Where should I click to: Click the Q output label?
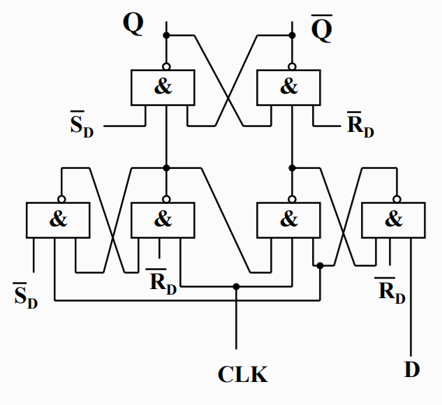coord(133,24)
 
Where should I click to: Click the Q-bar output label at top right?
coord(322,30)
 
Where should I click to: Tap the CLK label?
coord(242,374)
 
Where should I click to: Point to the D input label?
coord(412,369)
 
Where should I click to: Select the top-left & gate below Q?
coord(163,87)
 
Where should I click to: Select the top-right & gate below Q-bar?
coord(288,87)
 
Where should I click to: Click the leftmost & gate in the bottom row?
coord(58,219)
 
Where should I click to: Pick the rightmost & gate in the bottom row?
coord(393,219)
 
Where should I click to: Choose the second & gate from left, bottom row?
coord(163,219)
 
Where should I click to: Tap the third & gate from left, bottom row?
coord(288,219)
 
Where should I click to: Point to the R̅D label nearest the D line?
coord(391,290)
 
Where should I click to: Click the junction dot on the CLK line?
coord(236,286)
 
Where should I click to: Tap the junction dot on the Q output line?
coord(166,35)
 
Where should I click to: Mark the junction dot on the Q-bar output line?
coord(292,35)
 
